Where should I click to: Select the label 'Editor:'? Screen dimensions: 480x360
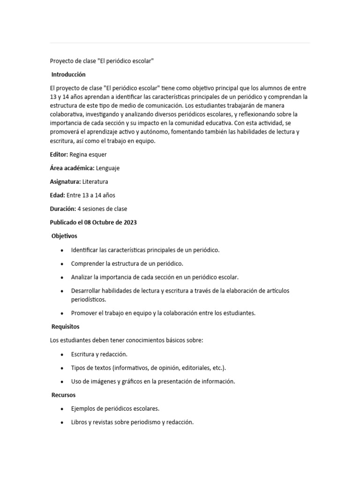coord(59,155)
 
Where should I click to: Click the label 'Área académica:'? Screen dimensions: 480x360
coord(72,168)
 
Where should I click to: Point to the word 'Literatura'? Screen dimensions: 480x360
coord(96,182)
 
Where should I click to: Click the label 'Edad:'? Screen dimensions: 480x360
coord(58,195)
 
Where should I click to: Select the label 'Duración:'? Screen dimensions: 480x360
coord(63,209)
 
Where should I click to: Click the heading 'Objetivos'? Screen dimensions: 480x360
coord(64,236)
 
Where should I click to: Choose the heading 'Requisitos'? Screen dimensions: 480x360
coord(65,327)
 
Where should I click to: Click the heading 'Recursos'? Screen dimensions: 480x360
coord(63,395)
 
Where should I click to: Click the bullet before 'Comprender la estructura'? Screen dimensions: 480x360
coord(62,264)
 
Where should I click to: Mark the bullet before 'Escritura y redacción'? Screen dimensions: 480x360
coord(62,354)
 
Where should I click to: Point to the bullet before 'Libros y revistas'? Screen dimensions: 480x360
coord(62,423)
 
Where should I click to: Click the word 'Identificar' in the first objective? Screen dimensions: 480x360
coord(85,250)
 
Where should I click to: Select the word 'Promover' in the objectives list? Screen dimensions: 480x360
coord(83,313)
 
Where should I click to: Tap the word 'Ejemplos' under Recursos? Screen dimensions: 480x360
coord(83,409)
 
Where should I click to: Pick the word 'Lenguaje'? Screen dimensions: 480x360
coord(111,168)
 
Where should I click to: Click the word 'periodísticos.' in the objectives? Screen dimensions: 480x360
coord(89,299)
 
